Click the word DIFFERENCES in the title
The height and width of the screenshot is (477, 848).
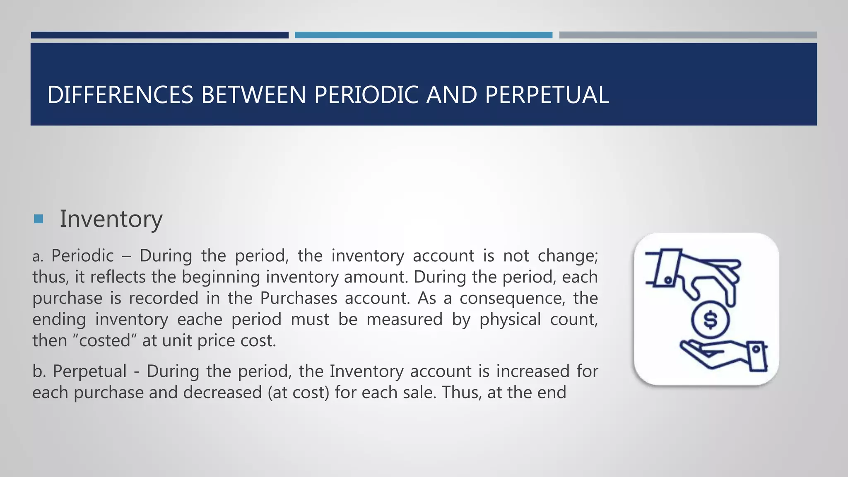pos(120,95)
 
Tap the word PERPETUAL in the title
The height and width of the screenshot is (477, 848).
pos(547,95)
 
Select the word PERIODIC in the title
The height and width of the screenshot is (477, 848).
pos(366,95)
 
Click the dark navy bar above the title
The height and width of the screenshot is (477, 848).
pos(159,35)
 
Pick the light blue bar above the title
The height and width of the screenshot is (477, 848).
pos(423,35)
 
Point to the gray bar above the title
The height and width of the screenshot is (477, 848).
pos(687,35)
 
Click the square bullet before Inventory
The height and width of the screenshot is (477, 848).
pos(39,219)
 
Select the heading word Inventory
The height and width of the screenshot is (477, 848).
pos(111,219)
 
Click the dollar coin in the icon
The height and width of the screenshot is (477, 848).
pos(711,320)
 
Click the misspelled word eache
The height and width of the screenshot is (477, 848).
pos(200,319)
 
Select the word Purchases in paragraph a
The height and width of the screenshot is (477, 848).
pos(298,298)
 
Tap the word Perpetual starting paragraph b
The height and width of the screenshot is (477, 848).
pos(89,371)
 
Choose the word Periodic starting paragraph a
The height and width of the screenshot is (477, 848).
pos(82,255)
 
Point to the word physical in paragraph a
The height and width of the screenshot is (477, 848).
pos(510,319)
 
